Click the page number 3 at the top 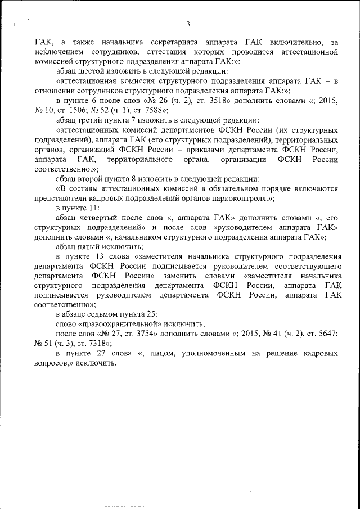(x=188, y=24)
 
